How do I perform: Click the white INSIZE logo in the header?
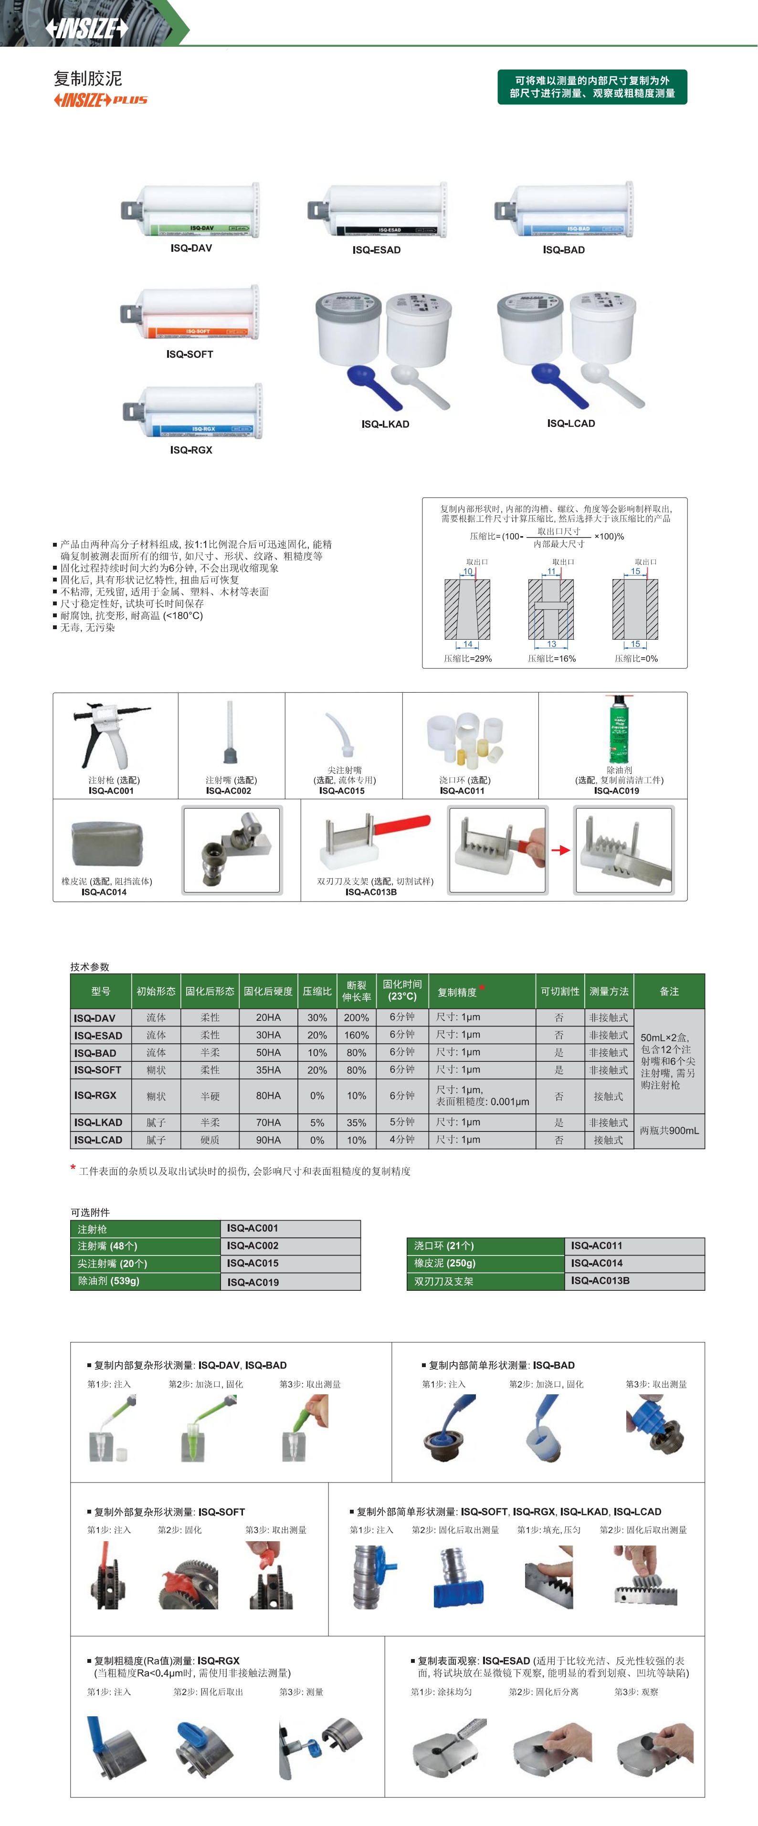coord(86,28)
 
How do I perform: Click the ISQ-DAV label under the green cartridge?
coord(191,248)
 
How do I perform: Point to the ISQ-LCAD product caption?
coord(571,423)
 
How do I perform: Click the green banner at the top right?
coord(592,86)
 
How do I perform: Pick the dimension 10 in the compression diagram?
coord(467,571)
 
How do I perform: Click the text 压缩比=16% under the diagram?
coord(552,659)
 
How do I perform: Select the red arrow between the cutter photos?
coord(561,850)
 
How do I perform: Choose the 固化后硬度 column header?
coord(268,991)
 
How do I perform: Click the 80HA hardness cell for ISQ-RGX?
coord(268,1095)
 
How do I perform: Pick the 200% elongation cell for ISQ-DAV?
coord(356,1017)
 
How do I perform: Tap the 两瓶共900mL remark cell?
coord(669,1131)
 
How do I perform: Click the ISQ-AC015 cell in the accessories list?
coord(253,1263)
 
